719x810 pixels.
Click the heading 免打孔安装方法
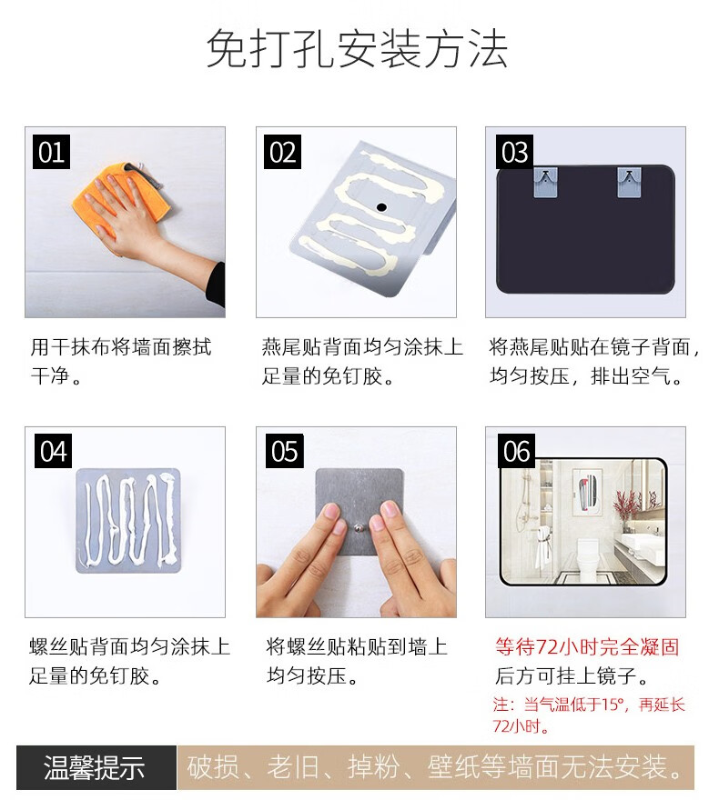coord(357,48)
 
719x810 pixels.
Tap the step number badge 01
coord(51,152)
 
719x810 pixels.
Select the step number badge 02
coord(282,152)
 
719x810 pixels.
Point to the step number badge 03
coord(514,152)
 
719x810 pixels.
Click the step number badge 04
coord(54,451)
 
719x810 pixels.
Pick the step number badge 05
coord(285,451)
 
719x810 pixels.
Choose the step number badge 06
coord(516,451)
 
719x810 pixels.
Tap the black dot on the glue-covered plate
coord(381,207)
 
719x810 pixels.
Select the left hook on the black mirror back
coord(546,182)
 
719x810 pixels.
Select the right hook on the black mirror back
coord(630,182)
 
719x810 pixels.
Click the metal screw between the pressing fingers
coord(358,528)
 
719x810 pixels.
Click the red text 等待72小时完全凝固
coord(587,646)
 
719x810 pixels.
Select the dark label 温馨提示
coord(94,767)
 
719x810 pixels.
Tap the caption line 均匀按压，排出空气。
coord(586,376)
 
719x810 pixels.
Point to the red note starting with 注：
coord(589,715)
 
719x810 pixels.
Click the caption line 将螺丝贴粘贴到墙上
coord(357,646)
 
